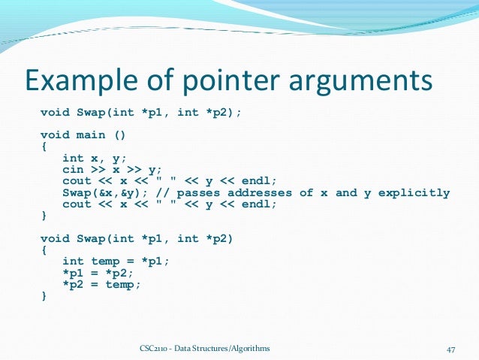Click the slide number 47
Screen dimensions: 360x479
pos(451,349)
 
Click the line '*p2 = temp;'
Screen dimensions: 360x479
pos(101,285)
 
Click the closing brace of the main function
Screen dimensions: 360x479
pos(44,216)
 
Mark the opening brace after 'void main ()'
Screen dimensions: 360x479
pos(44,147)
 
